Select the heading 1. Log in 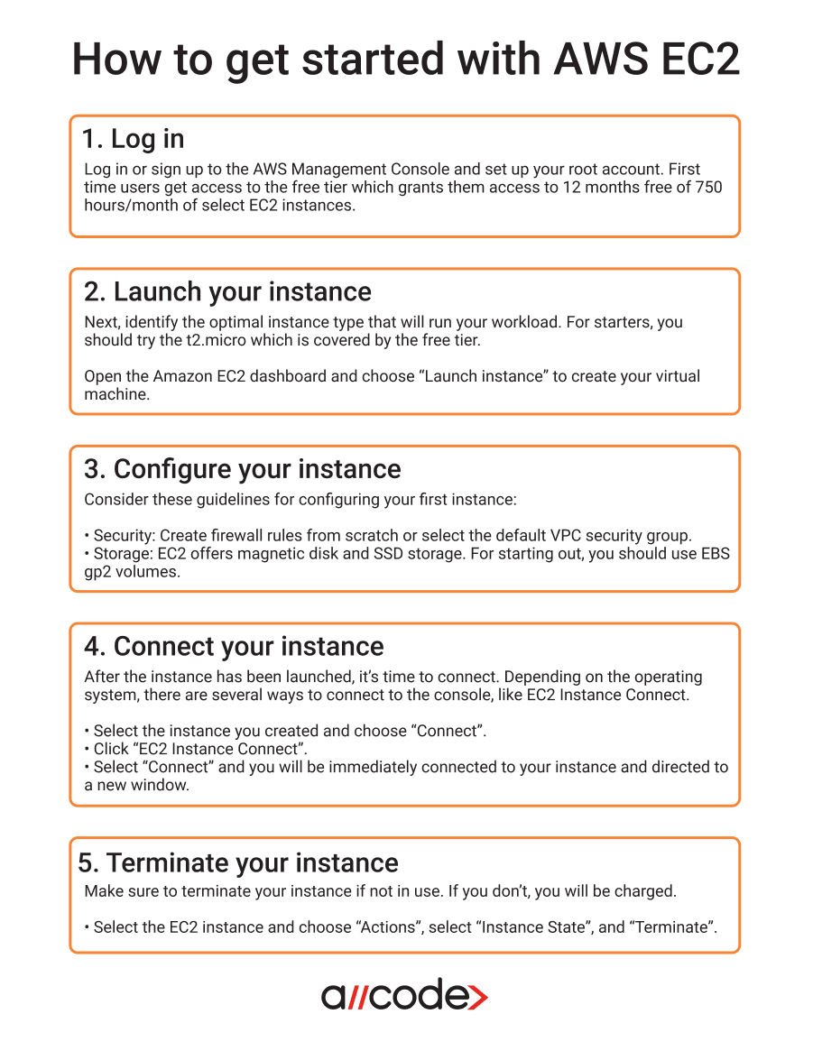point(133,139)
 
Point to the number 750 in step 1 point(708,188)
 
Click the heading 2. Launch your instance point(227,292)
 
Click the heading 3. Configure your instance point(242,469)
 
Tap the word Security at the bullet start point(124,536)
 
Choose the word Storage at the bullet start point(122,554)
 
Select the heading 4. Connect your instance point(234,647)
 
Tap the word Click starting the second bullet point(110,749)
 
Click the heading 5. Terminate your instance point(238,863)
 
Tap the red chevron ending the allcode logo point(478,996)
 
